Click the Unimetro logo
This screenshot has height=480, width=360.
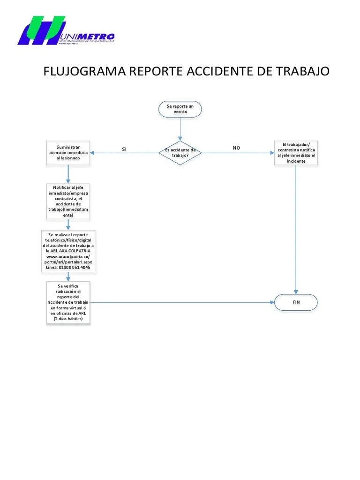(x=66, y=31)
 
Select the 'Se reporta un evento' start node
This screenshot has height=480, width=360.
(x=180, y=109)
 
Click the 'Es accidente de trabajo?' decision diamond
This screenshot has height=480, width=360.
(x=180, y=153)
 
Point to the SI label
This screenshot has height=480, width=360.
(x=124, y=149)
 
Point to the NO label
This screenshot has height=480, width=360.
(x=236, y=148)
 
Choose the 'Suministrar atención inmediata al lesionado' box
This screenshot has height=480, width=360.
(x=68, y=153)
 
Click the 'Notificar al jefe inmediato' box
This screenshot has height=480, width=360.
(x=68, y=201)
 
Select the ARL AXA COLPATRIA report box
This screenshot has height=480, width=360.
(x=68, y=251)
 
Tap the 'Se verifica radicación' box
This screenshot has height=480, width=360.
(x=68, y=302)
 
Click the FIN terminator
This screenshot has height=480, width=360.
(x=296, y=302)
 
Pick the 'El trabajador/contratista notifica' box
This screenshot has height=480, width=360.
(x=296, y=153)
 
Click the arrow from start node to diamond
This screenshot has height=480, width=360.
(x=180, y=129)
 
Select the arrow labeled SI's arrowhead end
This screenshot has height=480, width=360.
(x=93, y=153)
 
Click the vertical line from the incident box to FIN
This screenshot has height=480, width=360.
(x=296, y=225)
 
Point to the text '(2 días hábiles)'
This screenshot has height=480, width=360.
(x=68, y=319)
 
